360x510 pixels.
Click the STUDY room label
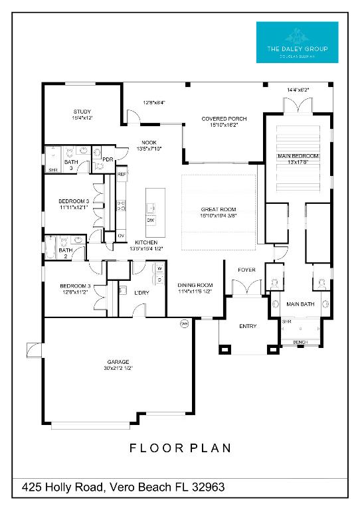[x=82, y=112]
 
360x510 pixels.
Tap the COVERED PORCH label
[x=224, y=119]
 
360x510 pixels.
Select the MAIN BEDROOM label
[x=298, y=156]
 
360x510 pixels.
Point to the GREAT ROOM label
[x=219, y=209]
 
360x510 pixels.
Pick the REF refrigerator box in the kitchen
[x=122, y=174]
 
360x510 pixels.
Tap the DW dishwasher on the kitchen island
[x=151, y=220]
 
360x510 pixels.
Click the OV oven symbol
[x=121, y=236]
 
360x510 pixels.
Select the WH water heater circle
[x=184, y=324]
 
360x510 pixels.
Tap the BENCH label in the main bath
[x=300, y=342]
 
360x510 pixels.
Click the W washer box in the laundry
[x=161, y=269]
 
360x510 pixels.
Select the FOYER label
[x=247, y=270]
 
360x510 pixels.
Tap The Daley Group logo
[x=297, y=42]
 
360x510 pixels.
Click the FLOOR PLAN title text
[x=180, y=448]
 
